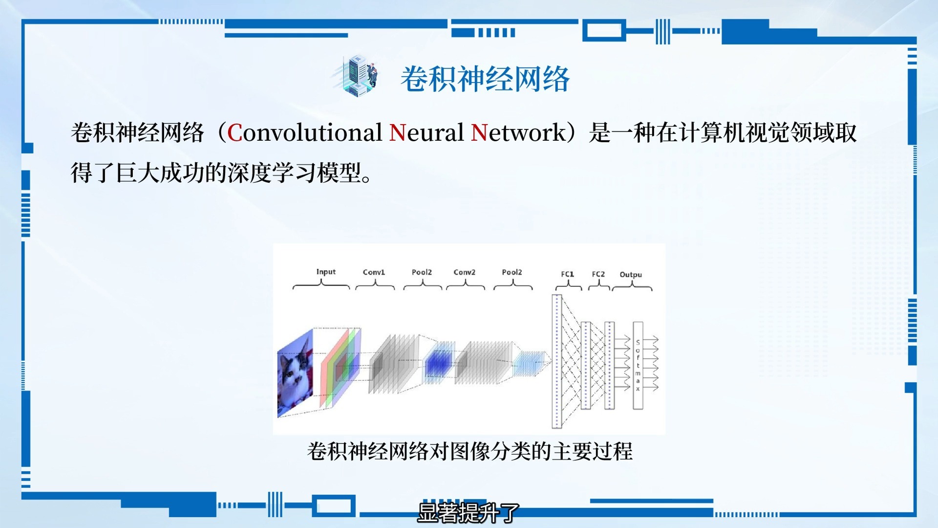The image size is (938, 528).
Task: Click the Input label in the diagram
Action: click(326, 272)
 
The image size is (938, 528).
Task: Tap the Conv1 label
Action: click(374, 272)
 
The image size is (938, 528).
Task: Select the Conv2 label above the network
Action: click(464, 272)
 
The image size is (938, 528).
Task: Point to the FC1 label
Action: click(567, 274)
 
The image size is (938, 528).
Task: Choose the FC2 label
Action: click(598, 274)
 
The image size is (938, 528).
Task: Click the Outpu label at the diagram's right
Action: click(631, 275)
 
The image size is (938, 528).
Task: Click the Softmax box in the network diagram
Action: click(638, 365)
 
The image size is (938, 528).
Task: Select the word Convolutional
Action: click(305, 132)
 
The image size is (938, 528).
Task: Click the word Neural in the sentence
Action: click(426, 132)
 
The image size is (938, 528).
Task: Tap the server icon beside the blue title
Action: click(358, 76)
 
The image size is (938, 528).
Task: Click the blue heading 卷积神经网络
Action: click(485, 79)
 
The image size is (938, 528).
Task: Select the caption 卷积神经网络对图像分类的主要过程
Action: click(469, 451)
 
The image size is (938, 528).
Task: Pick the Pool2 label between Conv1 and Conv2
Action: click(422, 272)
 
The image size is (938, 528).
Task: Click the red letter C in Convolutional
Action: click(234, 133)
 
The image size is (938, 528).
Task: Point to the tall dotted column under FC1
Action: click(557, 361)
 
